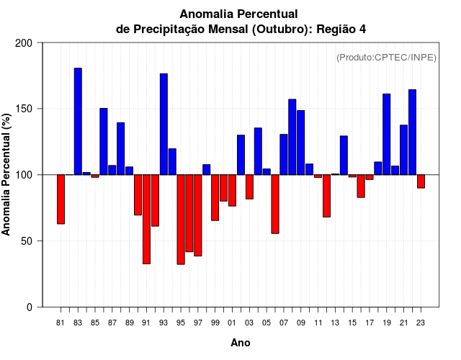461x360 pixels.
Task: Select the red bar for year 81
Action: [x=61, y=199]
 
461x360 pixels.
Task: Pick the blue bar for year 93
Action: [x=164, y=124]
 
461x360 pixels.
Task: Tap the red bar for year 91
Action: [x=146, y=219]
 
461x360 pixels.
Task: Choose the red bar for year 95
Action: [x=181, y=220]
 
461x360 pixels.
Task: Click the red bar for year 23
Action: [x=421, y=181]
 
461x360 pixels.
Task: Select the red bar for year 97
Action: [x=198, y=215]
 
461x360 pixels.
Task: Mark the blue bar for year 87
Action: [x=112, y=170]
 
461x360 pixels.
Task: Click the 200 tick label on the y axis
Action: [x=24, y=43]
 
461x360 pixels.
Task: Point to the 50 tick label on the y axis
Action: [x=27, y=241]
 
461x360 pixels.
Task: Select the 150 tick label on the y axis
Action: [x=24, y=109]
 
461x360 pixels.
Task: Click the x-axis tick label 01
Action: [x=232, y=323]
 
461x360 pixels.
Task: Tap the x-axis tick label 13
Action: [x=335, y=323]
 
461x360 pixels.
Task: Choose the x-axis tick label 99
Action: [x=215, y=323]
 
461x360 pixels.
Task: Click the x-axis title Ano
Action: [x=241, y=343]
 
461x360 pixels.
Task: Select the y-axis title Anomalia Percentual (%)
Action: [x=7, y=174]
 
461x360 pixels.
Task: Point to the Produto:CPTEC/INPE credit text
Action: [x=386, y=58]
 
